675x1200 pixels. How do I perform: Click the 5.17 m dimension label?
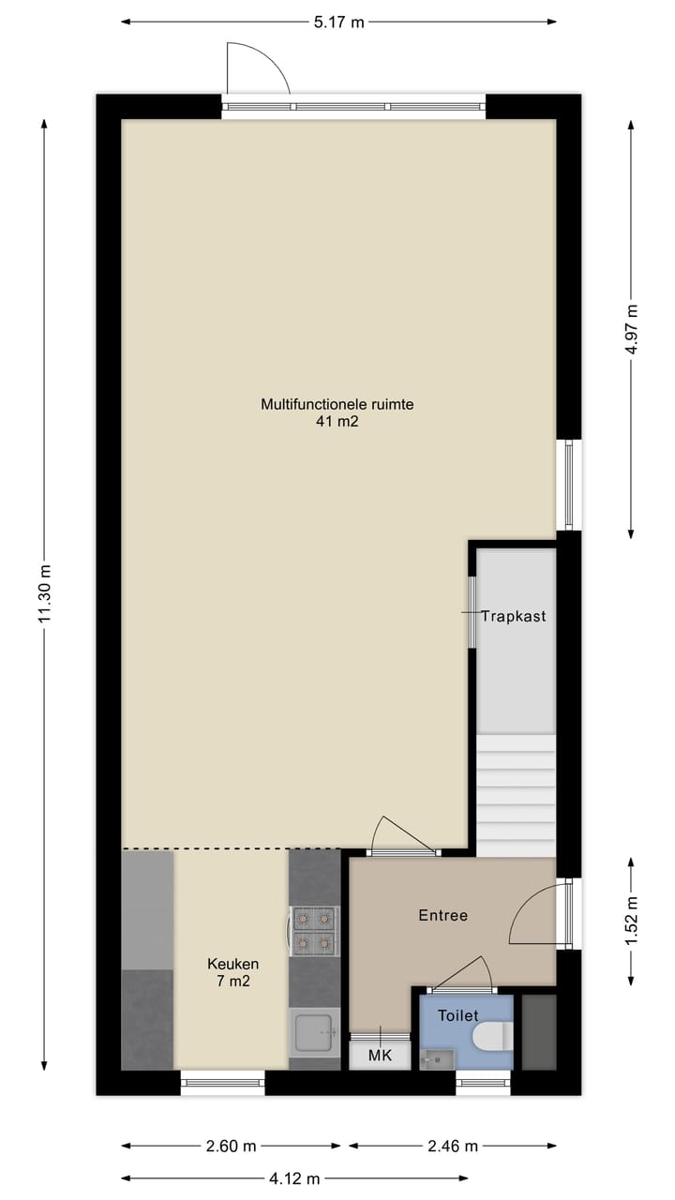tap(337, 22)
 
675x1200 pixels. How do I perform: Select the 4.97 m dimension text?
tap(633, 329)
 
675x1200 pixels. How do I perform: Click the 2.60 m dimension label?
tap(232, 1146)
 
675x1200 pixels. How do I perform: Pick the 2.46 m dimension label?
tap(453, 1146)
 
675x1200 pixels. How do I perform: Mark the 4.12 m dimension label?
tap(295, 1178)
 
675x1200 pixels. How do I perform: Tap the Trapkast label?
tap(514, 616)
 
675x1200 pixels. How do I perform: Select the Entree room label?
tap(442, 915)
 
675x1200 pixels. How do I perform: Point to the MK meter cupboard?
tap(380, 1055)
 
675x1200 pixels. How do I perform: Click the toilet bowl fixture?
tap(493, 1037)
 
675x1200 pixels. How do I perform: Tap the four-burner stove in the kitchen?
tap(314, 930)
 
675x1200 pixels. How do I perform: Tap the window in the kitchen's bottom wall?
tap(222, 1083)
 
